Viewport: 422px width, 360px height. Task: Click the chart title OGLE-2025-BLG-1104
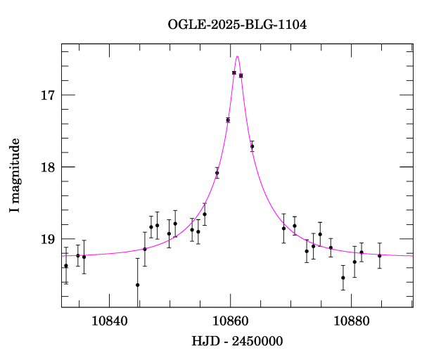coord(237,25)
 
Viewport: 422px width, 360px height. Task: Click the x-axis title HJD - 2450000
coord(237,341)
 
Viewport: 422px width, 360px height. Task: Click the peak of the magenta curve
coord(238,56)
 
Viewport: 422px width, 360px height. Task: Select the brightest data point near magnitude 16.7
coord(234,72)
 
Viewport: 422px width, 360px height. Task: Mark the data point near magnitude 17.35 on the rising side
coord(228,120)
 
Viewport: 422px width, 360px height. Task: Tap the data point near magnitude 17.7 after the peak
coord(252,146)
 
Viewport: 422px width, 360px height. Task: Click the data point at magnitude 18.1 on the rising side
coord(217,172)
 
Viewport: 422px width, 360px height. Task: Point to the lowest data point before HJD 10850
coord(138,285)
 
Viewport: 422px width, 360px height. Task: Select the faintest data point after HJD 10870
coord(343,278)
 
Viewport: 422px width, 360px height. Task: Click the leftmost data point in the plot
coord(66,266)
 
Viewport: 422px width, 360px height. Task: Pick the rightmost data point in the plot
coord(380,255)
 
